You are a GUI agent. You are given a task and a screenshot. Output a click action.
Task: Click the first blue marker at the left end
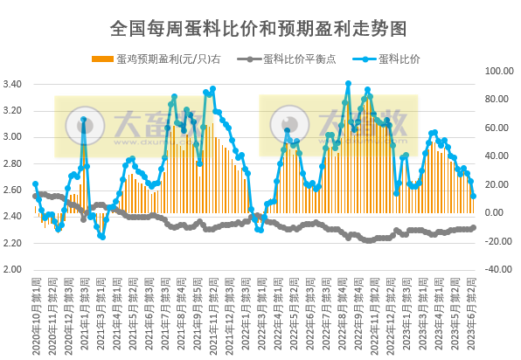(x=35, y=184)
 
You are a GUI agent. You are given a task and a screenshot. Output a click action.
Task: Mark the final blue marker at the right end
(x=474, y=197)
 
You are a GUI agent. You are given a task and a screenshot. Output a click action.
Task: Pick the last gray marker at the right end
(x=474, y=228)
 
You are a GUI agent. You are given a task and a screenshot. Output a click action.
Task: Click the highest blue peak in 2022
(x=348, y=84)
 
